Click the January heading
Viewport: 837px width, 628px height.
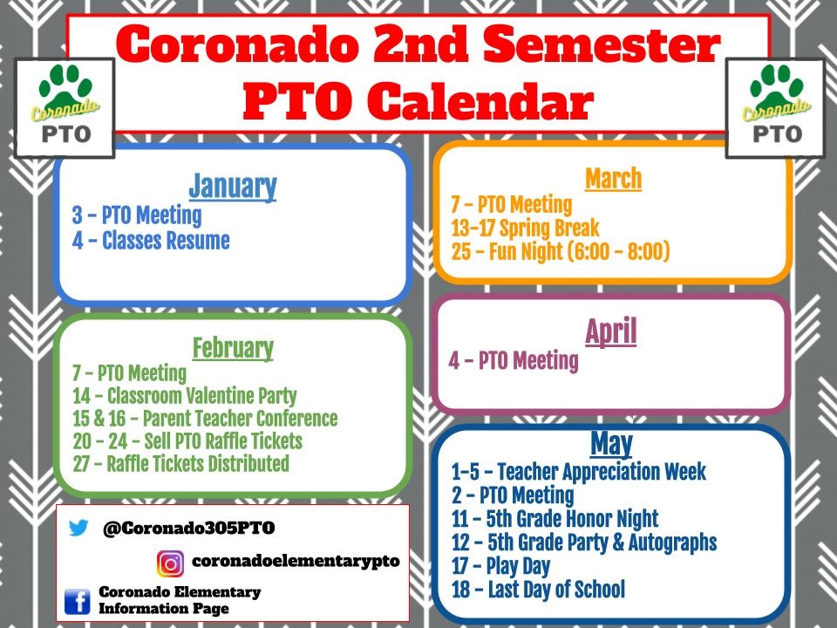pos(232,186)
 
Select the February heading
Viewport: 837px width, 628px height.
pos(232,348)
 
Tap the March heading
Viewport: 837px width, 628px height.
pos(613,179)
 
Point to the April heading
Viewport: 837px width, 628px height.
pos(610,331)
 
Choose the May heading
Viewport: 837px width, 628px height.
pos(610,444)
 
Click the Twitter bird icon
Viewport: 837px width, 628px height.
pos(78,529)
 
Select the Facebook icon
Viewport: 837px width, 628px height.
pos(78,600)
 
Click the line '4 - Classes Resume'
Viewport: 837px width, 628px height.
pos(151,241)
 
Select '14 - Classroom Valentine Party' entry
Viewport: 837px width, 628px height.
pos(184,396)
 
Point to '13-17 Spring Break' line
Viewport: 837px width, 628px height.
pos(525,229)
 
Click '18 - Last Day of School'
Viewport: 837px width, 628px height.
pos(538,590)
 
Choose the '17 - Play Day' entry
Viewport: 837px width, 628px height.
pos(500,566)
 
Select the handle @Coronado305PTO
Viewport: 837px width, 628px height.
pos(188,529)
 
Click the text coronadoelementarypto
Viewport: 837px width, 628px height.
pos(295,562)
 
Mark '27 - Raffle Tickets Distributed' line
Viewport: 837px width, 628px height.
pos(180,463)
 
